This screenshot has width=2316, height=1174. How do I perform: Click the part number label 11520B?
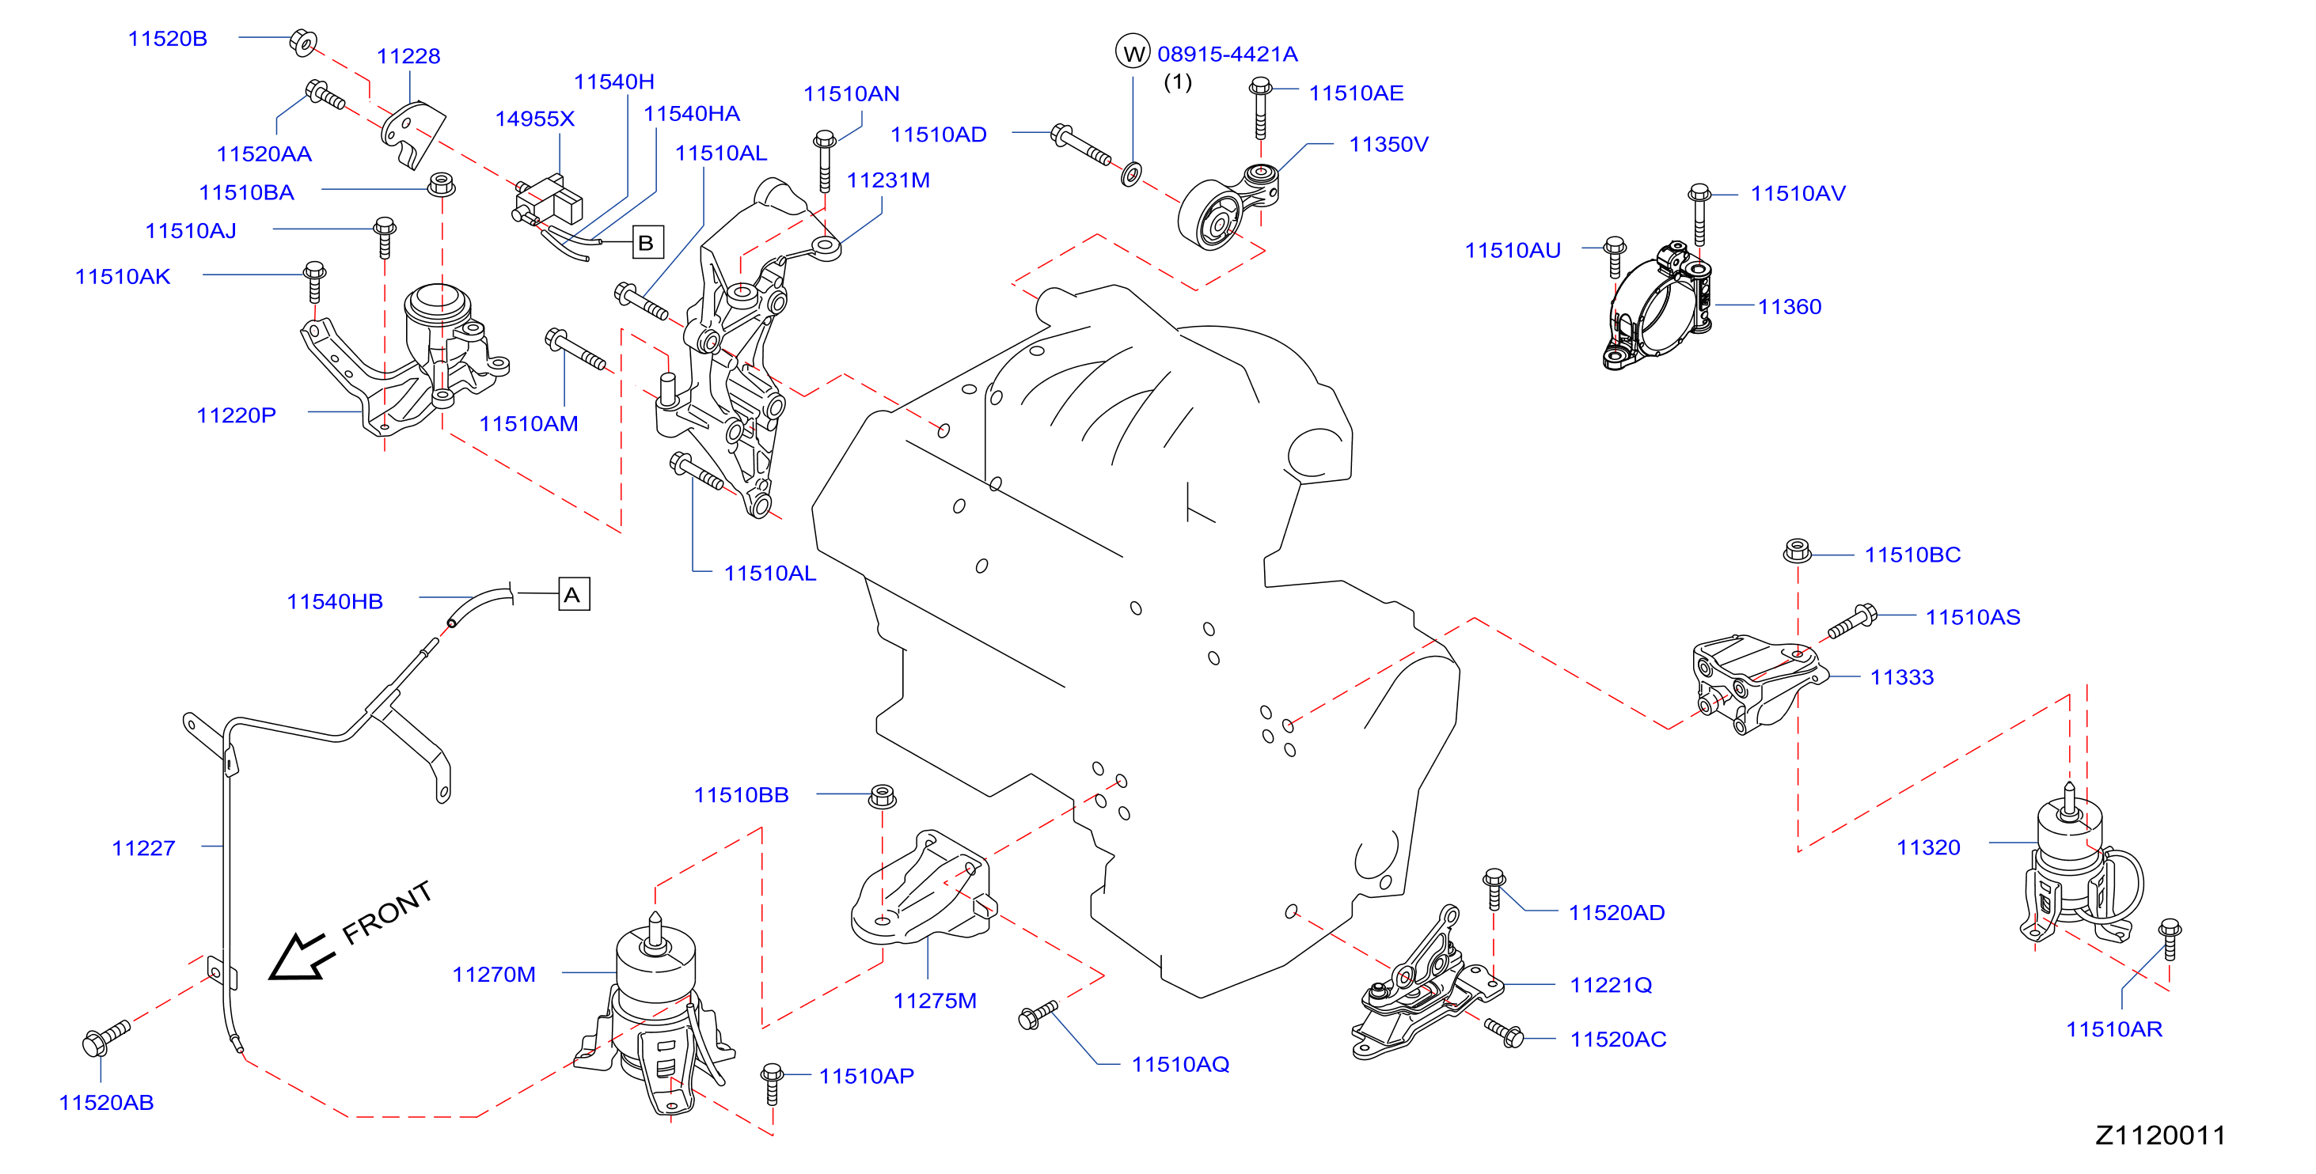[167, 39]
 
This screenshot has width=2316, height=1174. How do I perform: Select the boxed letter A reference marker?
[574, 594]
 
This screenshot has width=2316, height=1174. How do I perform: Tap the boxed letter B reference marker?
[647, 242]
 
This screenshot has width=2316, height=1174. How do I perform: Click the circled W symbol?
[1133, 52]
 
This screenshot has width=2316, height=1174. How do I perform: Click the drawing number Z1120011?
[2159, 1135]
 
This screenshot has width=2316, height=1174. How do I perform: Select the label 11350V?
[1388, 144]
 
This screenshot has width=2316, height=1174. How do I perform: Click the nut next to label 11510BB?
[882, 796]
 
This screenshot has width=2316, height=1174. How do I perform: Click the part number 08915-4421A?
[1227, 54]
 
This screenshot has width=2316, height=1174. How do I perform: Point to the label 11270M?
[494, 975]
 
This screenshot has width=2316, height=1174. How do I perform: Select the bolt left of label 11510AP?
[772, 1083]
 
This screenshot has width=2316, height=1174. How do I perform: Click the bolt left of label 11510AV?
[1699, 213]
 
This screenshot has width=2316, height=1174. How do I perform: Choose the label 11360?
[1789, 306]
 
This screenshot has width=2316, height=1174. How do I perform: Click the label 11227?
[143, 848]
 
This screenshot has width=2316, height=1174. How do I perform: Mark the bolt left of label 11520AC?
[1503, 1033]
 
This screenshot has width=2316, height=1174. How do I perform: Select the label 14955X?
[534, 119]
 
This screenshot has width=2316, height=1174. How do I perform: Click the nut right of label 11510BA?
[441, 184]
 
